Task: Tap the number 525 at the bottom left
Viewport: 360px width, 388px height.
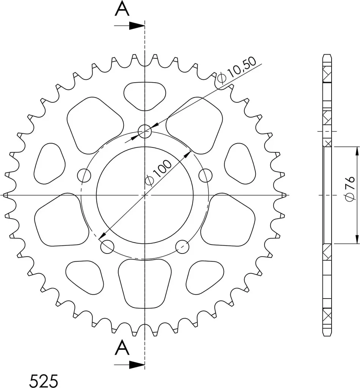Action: pyautogui.click(x=44, y=380)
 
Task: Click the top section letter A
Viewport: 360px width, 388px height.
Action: pyautogui.click(x=122, y=9)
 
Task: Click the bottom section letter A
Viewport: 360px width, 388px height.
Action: pyautogui.click(x=122, y=348)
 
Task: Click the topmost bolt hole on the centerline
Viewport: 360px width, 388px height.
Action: pyautogui.click(x=145, y=131)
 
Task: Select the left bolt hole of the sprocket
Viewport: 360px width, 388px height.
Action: pyautogui.click(x=84, y=176)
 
